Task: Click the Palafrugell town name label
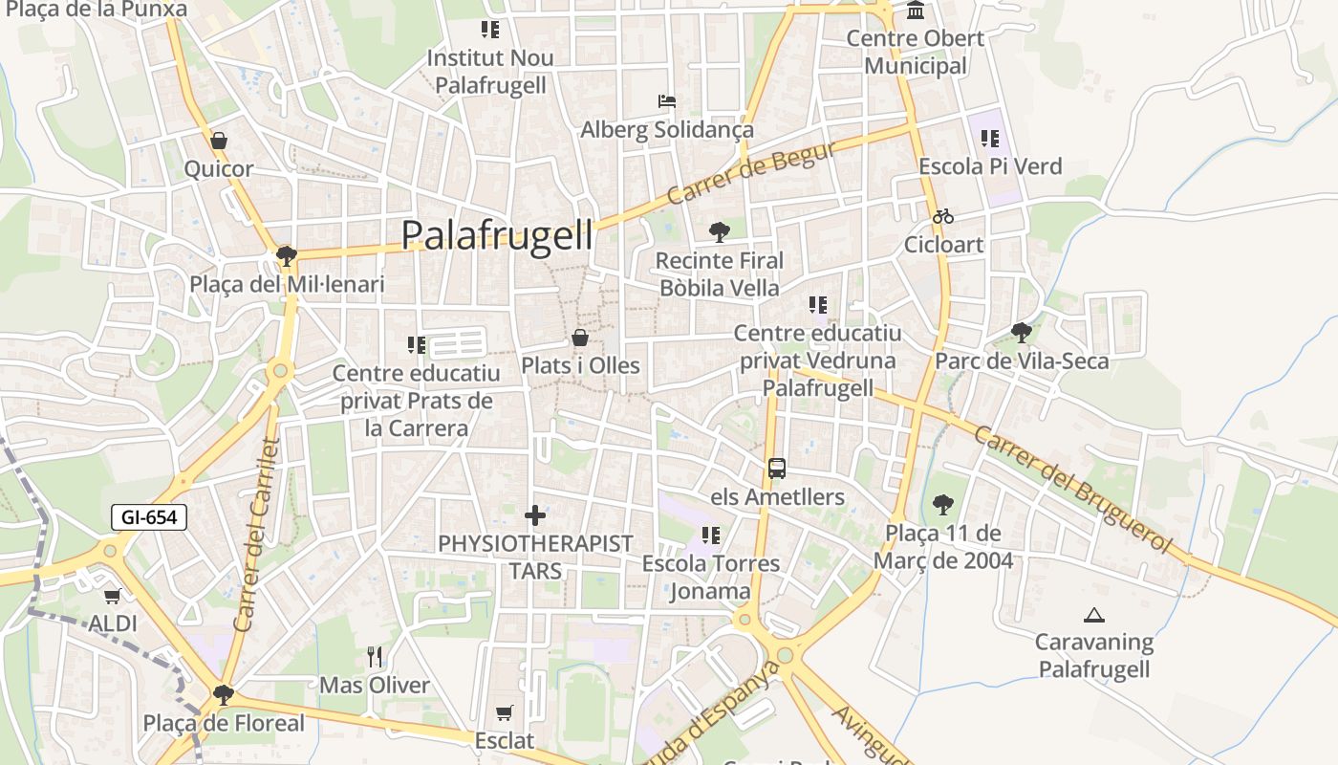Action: [497, 234]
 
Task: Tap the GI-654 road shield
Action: [149, 517]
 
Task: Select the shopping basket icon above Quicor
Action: [219, 141]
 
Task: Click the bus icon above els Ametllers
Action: [777, 469]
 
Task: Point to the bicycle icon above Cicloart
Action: [943, 216]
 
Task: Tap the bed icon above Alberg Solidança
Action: [667, 101]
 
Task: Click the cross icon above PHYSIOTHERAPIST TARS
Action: [535, 515]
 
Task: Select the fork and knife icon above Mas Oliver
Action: [375, 657]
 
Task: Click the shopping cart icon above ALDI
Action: [112, 597]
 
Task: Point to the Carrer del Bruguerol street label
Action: [1072, 489]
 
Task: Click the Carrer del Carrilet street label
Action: [256, 535]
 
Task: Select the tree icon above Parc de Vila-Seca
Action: [1022, 333]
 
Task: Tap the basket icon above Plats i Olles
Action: [580, 338]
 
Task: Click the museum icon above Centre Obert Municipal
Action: [916, 11]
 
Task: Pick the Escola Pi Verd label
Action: [990, 166]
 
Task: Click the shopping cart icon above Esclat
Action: [505, 712]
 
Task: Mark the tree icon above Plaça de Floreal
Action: [224, 694]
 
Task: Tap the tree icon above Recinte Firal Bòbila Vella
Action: [719, 231]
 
